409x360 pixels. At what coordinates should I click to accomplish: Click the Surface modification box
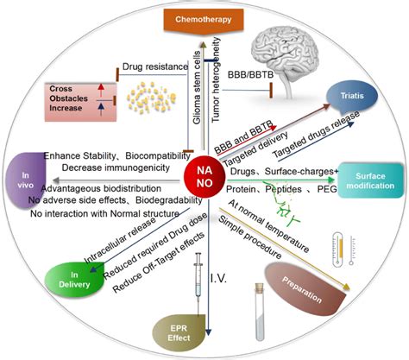click(x=365, y=179)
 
